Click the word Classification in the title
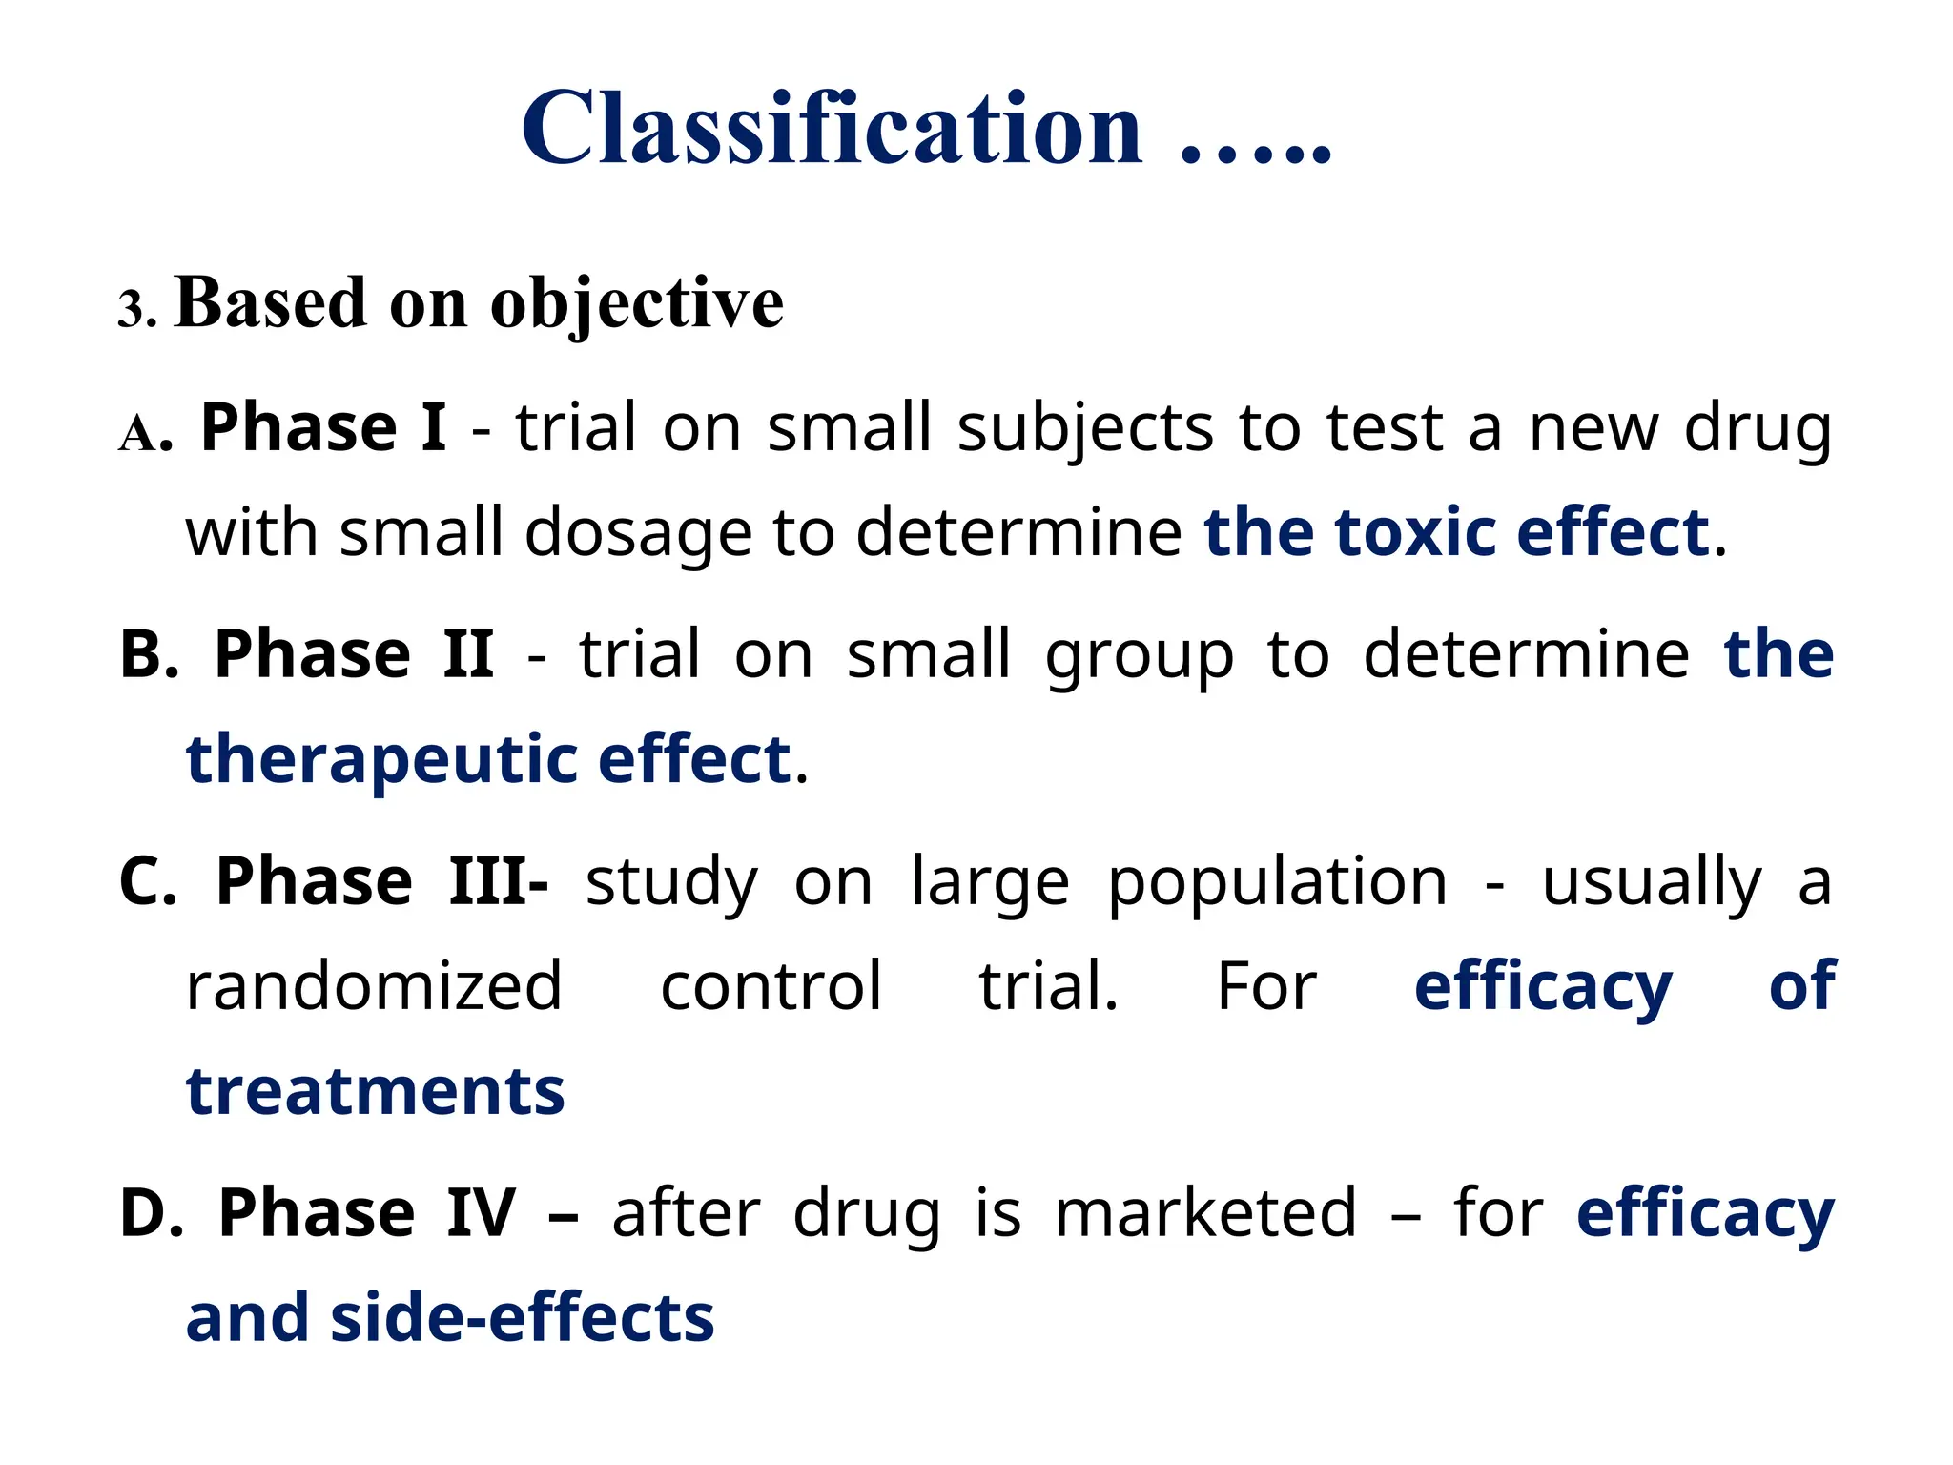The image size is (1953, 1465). [x=831, y=129]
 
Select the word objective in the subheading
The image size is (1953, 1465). [x=636, y=304]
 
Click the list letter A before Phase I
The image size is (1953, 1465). [x=138, y=434]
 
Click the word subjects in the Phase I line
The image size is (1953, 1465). [x=1085, y=428]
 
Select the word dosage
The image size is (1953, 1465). [x=638, y=533]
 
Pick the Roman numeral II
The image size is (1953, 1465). [x=468, y=654]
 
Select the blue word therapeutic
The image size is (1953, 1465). [x=381, y=761]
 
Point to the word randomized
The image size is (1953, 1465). [x=374, y=986]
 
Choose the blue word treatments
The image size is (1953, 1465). [x=376, y=1091]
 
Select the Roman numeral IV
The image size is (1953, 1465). [x=481, y=1213]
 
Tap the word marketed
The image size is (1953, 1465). [x=1205, y=1213]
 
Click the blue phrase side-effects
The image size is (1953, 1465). [x=522, y=1318]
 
